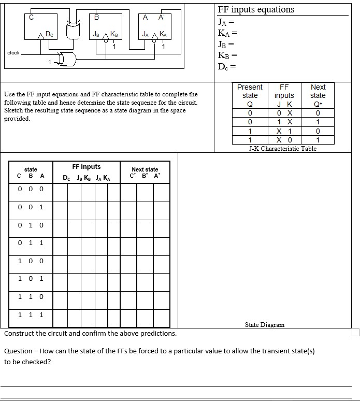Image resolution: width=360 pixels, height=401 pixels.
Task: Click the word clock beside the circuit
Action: click(13, 52)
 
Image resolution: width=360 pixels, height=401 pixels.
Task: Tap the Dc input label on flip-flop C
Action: click(48, 35)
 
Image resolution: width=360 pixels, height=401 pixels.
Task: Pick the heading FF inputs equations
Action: click(256, 9)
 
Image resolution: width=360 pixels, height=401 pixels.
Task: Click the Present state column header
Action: click(250, 91)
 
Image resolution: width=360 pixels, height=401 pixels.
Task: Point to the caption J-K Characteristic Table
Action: click(282, 149)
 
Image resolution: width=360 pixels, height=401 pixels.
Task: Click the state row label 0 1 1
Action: click(31, 242)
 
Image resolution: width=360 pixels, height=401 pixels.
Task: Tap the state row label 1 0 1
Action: click(31, 278)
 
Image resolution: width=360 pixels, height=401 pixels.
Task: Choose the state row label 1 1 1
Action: click(31, 314)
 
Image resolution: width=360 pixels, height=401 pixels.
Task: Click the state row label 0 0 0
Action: click(31, 189)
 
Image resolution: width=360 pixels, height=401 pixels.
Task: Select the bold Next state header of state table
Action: click(145, 169)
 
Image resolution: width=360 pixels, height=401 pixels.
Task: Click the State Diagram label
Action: click(264, 325)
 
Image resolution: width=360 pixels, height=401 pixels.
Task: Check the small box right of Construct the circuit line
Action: click(355, 332)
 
